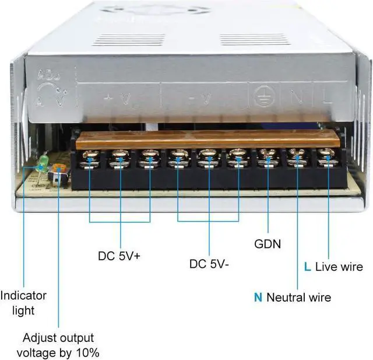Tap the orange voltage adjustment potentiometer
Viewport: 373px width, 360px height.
coord(57,170)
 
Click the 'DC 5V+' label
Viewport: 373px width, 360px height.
coord(119,256)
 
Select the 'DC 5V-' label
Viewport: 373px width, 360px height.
coord(209,264)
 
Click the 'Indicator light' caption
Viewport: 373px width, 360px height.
coord(23,303)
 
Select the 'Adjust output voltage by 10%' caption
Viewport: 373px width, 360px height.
coord(58,345)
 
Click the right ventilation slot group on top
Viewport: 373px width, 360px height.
coord(247,40)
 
